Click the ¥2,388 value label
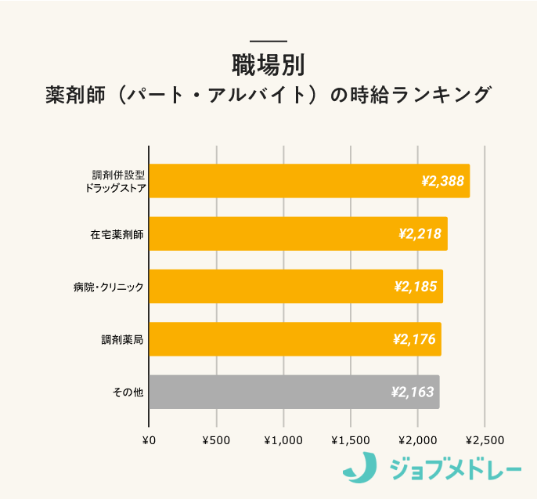[442, 181]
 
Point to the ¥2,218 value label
[420, 233]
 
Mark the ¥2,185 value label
[416, 287]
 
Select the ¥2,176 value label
[414, 339]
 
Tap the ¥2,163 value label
[413, 392]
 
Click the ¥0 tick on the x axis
[149, 440]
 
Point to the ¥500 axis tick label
[216, 440]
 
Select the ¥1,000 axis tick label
[283, 440]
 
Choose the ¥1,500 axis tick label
[351, 440]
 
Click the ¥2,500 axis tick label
[485, 440]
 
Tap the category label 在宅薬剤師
[117, 234]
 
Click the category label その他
[128, 392]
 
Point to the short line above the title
[268, 41]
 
